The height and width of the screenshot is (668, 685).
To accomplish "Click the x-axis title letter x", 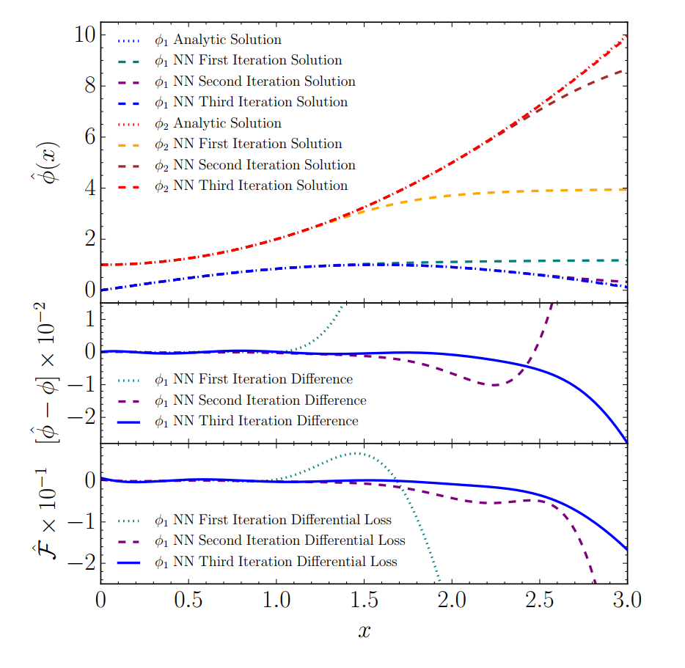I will click(x=365, y=631).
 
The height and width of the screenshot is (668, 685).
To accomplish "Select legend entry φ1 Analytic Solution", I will click(x=217, y=40).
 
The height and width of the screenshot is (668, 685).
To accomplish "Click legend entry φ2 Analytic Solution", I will click(x=217, y=123).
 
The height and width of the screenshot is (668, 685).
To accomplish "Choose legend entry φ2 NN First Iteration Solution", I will click(x=247, y=144).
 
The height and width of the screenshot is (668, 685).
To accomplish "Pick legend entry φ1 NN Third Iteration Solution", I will click(x=250, y=103).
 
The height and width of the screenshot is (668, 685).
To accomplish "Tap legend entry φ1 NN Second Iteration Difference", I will click(x=259, y=400).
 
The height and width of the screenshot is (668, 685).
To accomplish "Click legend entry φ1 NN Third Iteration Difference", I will click(x=255, y=421).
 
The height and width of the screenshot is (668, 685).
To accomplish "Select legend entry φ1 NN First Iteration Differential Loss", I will click(x=272, y=520).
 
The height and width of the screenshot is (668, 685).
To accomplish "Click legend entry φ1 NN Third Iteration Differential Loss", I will click(x=275, y=562).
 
